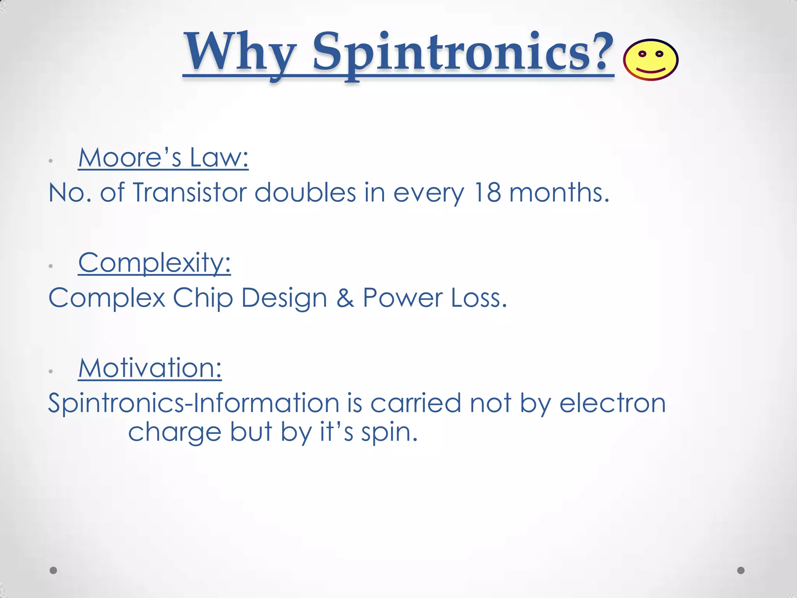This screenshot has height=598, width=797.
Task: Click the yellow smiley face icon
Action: [x=651, y=60]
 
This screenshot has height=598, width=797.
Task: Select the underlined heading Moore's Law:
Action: [x=163, y=158]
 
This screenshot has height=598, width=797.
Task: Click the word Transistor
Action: [x=190, y=192]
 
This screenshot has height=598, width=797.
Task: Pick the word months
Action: [x=559, y=192]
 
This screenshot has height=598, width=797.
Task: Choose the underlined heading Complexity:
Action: [x=154, y=263]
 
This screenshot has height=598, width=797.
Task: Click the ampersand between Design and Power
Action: [x=345, y=298]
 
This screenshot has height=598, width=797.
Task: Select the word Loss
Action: [x=479, y=298]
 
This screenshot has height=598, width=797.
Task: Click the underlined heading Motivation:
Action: [x=150, y=368]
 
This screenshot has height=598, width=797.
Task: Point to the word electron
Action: [x=613, y=403]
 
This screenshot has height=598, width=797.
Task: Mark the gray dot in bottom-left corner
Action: [x=54, y=570]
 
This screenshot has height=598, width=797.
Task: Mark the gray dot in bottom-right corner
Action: [x=741, y=570]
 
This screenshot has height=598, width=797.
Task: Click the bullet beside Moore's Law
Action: [x=51, y=161]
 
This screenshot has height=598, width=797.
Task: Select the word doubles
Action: [x=305, y=192]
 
